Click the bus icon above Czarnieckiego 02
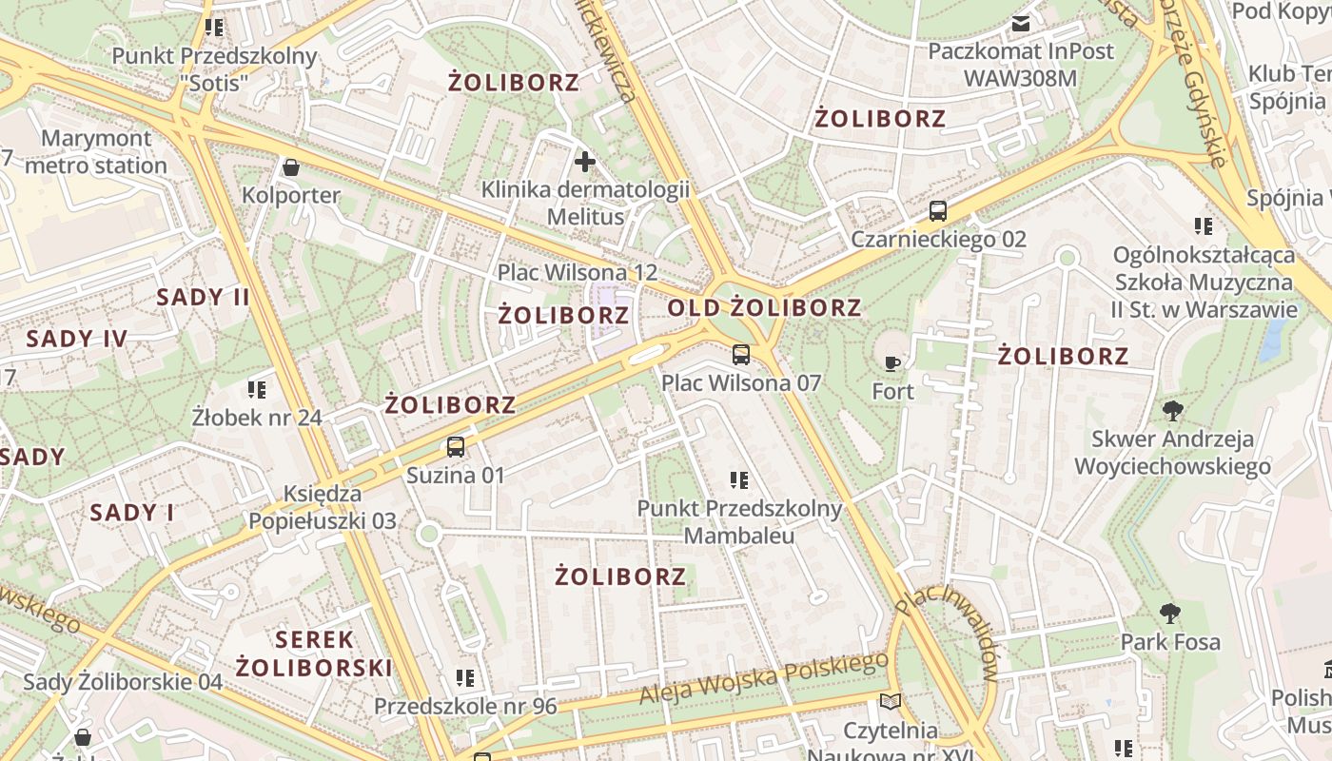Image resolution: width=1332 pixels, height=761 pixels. tap(938, 211)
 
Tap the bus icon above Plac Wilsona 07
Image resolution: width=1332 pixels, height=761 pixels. tap(741, 356)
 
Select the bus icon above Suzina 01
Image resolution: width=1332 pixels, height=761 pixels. tap(456, 447)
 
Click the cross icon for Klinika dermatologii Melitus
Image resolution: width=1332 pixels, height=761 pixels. tap(585, 162)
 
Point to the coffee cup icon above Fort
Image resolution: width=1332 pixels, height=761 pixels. tap(891, 363)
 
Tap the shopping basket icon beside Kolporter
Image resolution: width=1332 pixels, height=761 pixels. tap(291, 168)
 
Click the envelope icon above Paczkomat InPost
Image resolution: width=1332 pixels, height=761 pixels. tap(1021, 24)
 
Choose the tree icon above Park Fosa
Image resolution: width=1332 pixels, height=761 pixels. tap(1170, 614)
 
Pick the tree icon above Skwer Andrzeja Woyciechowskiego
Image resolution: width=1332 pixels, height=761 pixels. tap(1173, 411)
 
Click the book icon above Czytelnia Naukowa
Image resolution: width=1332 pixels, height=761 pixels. tap(891, 702)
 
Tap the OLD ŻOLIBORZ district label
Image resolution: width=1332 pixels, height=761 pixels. tap(764, 308)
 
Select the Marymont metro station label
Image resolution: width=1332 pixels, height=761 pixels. tap(96, 152)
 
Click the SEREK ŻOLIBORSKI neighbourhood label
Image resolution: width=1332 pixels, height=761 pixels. tap(314, 654)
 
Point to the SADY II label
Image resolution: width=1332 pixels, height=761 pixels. tap(203, 297)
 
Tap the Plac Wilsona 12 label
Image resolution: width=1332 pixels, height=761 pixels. tap(578, 273)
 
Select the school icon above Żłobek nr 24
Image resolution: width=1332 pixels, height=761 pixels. tap(257, 389)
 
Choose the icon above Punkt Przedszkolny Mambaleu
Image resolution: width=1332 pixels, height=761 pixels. tap(739, 480)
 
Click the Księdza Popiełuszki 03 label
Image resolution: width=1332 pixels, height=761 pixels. tap(323, 508)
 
